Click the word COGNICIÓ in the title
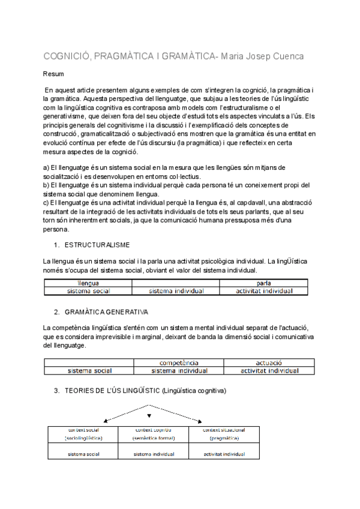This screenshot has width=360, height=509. pyautogui.click(x=67, y=56)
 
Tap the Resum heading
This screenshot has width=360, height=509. pyautogui.click(x=54, y=74)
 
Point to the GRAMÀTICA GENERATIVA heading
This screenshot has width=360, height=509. pyautogui.click(x=106, y=312)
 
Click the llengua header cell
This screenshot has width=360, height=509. pyautogui.click(x=88, y=283)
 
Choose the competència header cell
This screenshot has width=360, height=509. pyautogui.click(x=178, y=363)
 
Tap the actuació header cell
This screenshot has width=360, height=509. pyautogui.click(x=269, y=363)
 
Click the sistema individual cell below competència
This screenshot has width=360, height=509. pyautogui.click(x=178, y=370)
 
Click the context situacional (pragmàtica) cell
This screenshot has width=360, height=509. pyautogui.click(x=224, y=434)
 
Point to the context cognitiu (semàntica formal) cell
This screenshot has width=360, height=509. pyautogui.click(x=154, y=434)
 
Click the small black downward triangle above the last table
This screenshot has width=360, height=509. pyautogui.click(x=149, y=415)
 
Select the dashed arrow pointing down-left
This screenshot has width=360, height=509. pyautogui.click(x=126, y=412)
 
